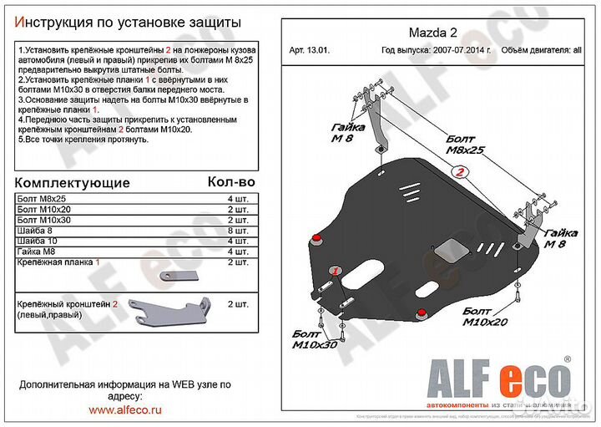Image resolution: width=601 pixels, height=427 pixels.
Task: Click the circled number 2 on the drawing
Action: click(x=458, y=173)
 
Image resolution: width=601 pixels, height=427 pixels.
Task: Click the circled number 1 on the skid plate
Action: click(x=335, y=272)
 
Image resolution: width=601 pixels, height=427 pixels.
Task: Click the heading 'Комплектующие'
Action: click(x=73, y=182)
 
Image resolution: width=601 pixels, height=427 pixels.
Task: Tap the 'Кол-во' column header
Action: click(x=230, y=181)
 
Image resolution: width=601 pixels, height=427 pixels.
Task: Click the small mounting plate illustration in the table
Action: click(x=179, y=273)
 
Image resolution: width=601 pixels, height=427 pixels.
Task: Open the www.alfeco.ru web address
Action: click(x=126, y=409)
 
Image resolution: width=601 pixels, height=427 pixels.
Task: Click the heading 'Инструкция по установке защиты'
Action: click(x=129, y=20)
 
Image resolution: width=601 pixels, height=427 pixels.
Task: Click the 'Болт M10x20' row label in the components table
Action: click(x=43, y=208)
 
